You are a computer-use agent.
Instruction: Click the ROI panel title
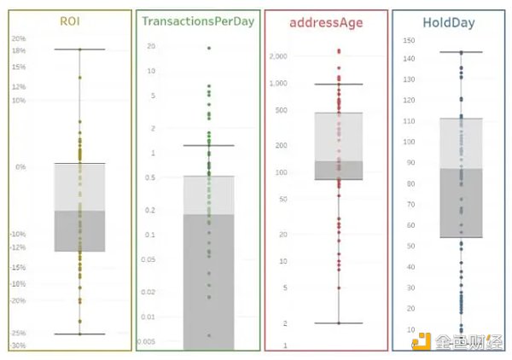click(x=70, y=20)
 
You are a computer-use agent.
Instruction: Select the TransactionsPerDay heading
click(x=198, y=20)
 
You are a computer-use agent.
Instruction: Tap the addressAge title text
click(x=326, y=20)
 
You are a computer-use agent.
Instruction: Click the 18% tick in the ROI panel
click(x=19, y=50)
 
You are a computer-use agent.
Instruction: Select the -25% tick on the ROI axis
click(x=19, y=333)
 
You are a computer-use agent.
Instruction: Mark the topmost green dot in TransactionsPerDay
click(x=209, y=48)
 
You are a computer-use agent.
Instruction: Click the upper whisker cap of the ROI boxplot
click(x=79, y=49)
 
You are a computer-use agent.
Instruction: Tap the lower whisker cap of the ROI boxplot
click(x=79, y=334)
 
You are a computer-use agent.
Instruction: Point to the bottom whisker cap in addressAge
click(x=338, y=323)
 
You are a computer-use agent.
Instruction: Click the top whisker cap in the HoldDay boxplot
click(x=461, y=52)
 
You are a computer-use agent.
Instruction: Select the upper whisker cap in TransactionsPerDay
click(x=209, y=145)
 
